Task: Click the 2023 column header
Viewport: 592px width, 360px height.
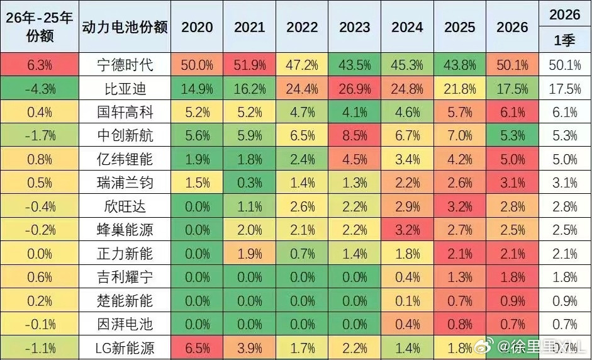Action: point(355,28)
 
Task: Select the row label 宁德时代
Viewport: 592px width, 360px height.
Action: point(125,65)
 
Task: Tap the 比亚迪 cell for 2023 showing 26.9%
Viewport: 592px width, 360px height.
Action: point(355,89)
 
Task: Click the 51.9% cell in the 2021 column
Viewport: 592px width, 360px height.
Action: point(250,65)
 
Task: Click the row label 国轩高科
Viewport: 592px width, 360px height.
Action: point(125,113)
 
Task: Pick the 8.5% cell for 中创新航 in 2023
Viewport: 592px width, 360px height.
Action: point(355,136)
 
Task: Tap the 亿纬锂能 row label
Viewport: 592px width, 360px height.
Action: point(125,160)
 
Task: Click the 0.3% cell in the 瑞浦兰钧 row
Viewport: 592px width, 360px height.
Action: point(250,183)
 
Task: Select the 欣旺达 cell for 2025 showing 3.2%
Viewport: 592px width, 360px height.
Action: point(460,206)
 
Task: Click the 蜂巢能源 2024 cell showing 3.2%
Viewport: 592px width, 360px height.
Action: point(407,230)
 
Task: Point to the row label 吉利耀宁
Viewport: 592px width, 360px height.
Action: point(125,277)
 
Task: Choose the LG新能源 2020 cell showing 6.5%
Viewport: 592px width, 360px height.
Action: point(197,347)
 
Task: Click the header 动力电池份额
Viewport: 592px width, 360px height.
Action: point(125,28)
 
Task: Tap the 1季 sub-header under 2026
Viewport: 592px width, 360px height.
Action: point(564,41)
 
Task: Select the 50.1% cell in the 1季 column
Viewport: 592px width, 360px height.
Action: point(564,65)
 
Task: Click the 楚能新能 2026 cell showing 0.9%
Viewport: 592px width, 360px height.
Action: point(511,301)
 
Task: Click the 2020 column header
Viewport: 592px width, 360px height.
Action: point(197,28)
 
